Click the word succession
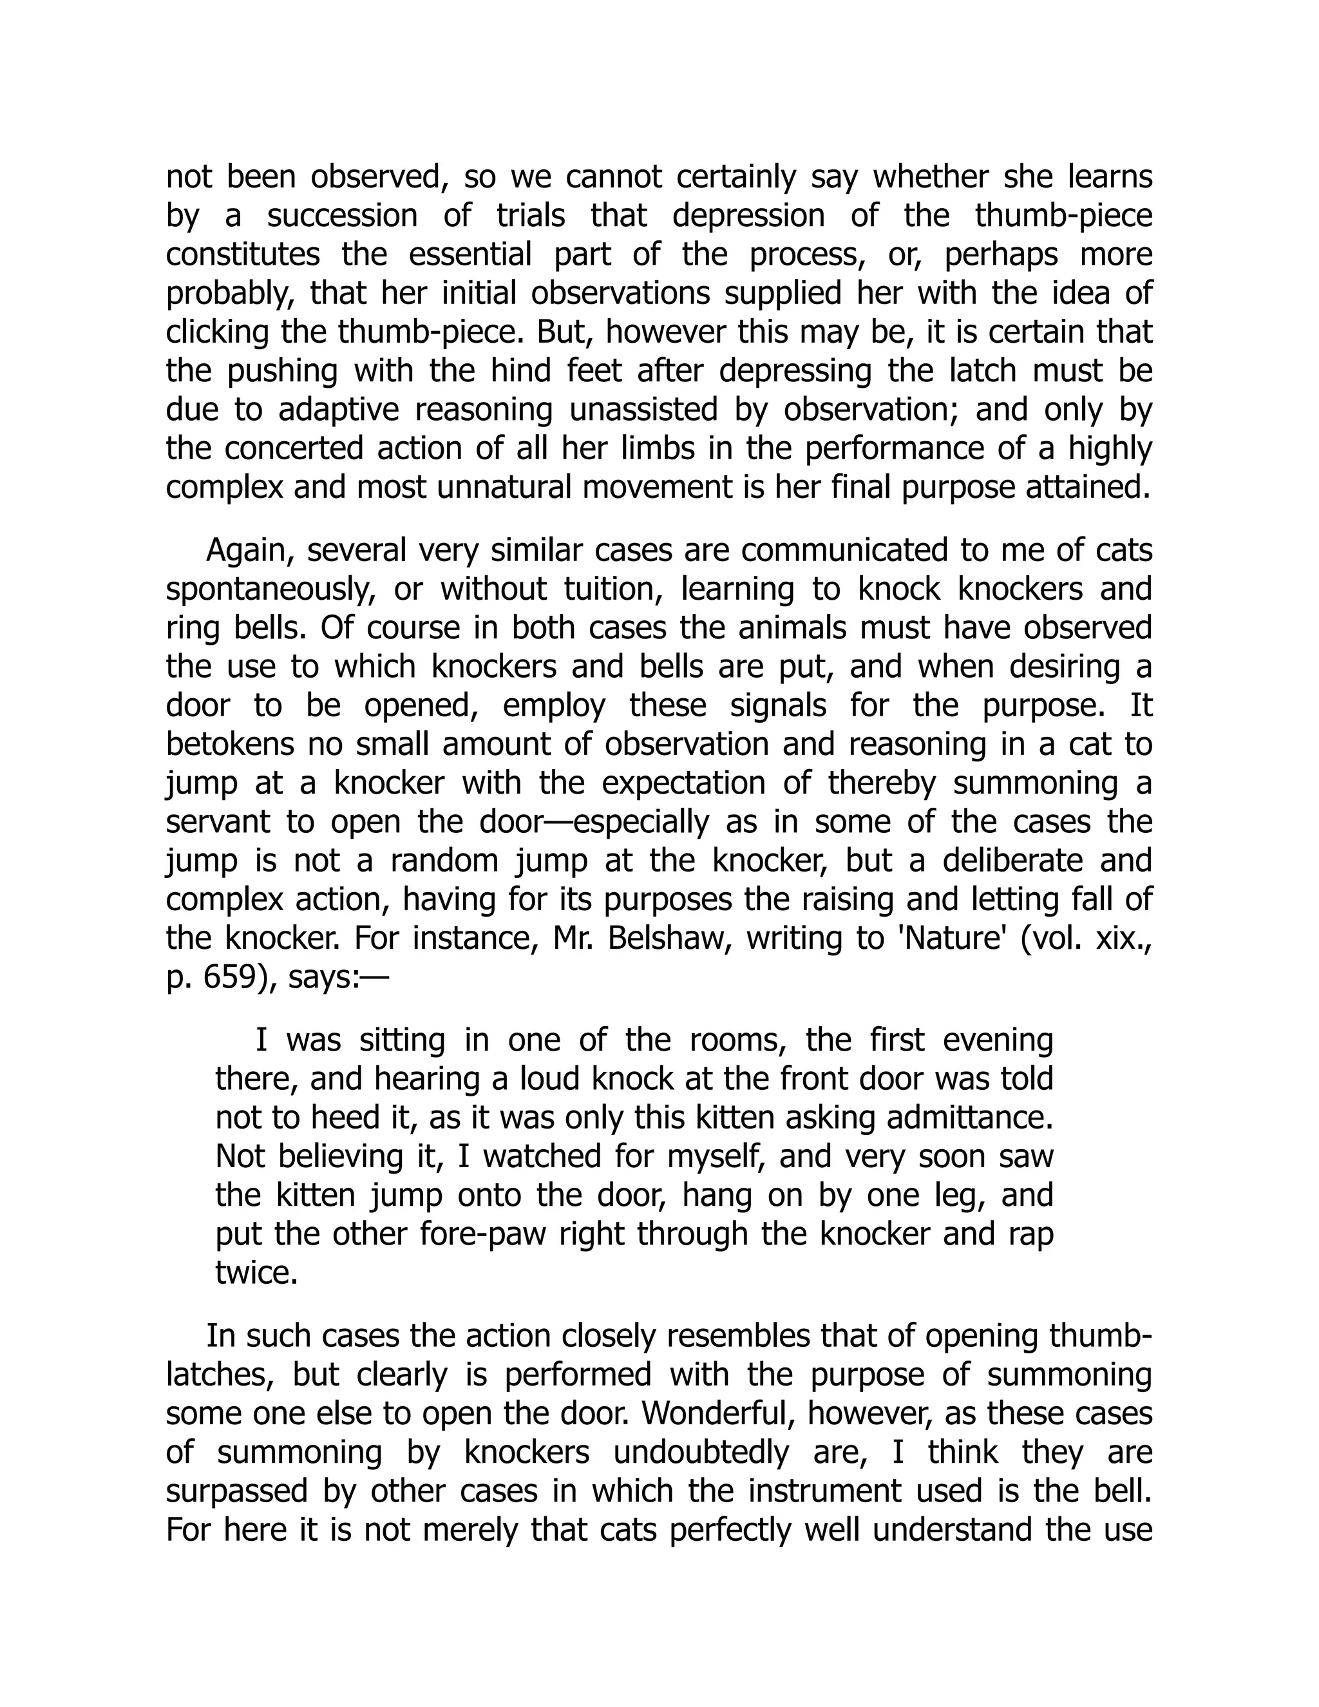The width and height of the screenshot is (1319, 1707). point(342,216)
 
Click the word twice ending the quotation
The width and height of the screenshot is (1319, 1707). point(256,1273)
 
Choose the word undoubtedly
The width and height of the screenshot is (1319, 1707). point(707,1452)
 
